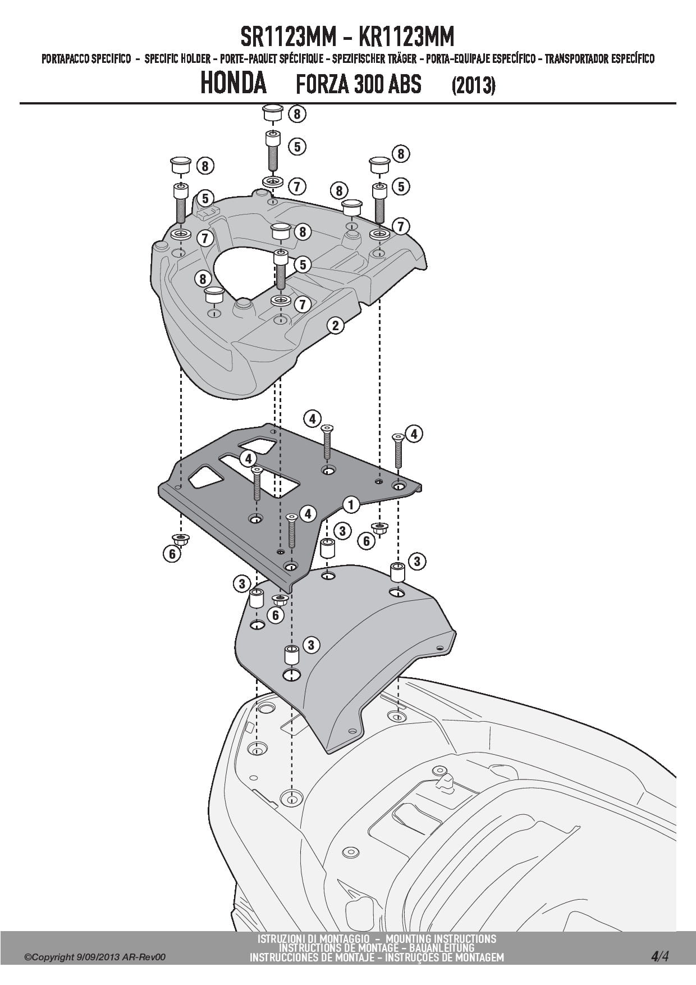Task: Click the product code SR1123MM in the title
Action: tap(288, 37)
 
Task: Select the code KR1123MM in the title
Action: tap(406, 37)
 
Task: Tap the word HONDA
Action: tap(233, 83)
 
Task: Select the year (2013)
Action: tap(473, 85)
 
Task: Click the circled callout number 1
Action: tap(351, 504)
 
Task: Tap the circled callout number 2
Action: tap(335, 325)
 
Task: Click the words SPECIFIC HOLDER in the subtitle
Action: tap(177, 59)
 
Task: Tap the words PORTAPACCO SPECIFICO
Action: tap(86, 59)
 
